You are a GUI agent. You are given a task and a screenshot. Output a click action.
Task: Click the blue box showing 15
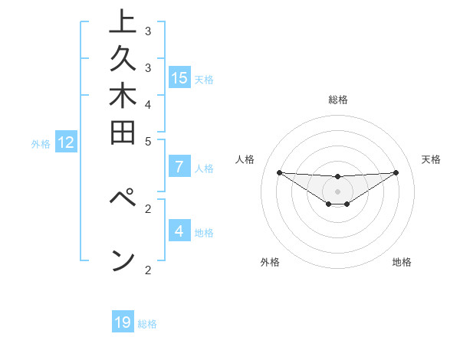point(179,77)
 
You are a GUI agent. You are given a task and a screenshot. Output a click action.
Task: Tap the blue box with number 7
point(179,167)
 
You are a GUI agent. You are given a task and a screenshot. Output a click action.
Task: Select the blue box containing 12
point(66,142)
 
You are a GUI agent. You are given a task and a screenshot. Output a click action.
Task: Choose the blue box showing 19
point(123,322)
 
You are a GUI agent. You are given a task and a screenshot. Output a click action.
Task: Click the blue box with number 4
point(179,231)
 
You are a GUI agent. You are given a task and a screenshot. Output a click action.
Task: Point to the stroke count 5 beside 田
point(148,141)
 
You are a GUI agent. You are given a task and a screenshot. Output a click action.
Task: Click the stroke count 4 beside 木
point(148,104)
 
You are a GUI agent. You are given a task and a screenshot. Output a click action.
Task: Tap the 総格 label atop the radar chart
point(337,100)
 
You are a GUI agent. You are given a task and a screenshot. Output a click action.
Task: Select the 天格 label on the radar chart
point(431,159)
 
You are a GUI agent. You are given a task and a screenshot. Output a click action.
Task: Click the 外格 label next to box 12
point(41,142)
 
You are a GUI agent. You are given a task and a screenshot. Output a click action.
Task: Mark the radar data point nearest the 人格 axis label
point(279,172)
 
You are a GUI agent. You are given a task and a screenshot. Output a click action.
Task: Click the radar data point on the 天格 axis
point(396,172)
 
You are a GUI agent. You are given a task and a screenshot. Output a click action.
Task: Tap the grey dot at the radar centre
point(337,191)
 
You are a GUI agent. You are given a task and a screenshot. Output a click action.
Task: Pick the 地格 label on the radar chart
point(402,262)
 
